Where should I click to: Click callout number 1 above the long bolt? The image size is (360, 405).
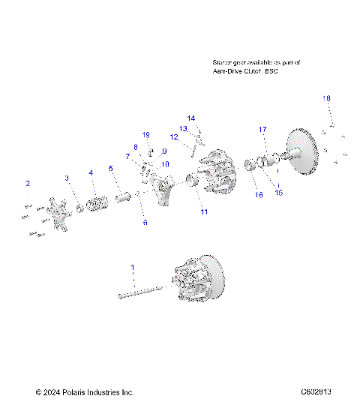(133, 268)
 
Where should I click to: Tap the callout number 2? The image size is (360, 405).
(28, 183)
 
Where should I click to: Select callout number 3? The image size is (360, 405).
(66, 178)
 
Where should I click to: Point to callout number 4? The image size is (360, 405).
(91, 173)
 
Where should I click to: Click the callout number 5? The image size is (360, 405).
(111, 169)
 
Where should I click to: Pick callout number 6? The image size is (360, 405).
(145, 223)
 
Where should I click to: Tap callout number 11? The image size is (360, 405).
(203, 212)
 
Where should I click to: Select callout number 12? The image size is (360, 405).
(173, 136)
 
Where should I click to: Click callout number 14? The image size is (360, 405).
(191, 118)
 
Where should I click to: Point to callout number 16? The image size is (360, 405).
(238, 194)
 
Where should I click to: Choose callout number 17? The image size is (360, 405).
(263, 130)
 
